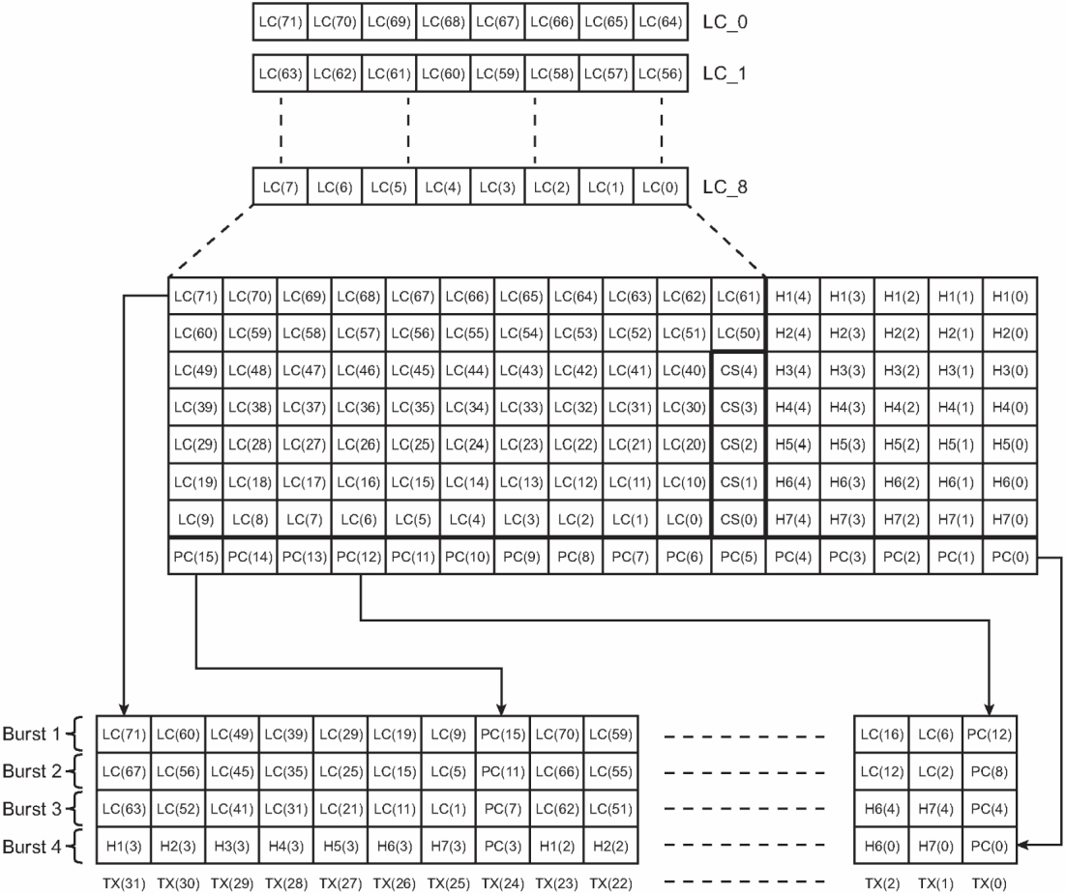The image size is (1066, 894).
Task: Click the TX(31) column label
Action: (x=122, y=880)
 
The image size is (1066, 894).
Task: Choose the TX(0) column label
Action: (x=988, y=880)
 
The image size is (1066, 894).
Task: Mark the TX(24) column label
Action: (x=501, y=880)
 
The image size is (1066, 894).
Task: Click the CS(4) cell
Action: (x=738, y=369)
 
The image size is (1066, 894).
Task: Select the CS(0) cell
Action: (x=738, y=519)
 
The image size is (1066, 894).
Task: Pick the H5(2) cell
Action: (x=901, y=444)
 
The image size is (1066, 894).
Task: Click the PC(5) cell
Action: (x=738, y=556)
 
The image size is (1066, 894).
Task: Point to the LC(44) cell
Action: (x=467, y=369)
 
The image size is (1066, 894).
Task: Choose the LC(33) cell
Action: (x=521, y=407)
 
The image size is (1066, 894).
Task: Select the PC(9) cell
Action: (x=521, y=556)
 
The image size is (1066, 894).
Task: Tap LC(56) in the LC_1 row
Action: (x=661, y=73)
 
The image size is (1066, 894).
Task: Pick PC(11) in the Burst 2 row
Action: (x=501, y=771)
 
